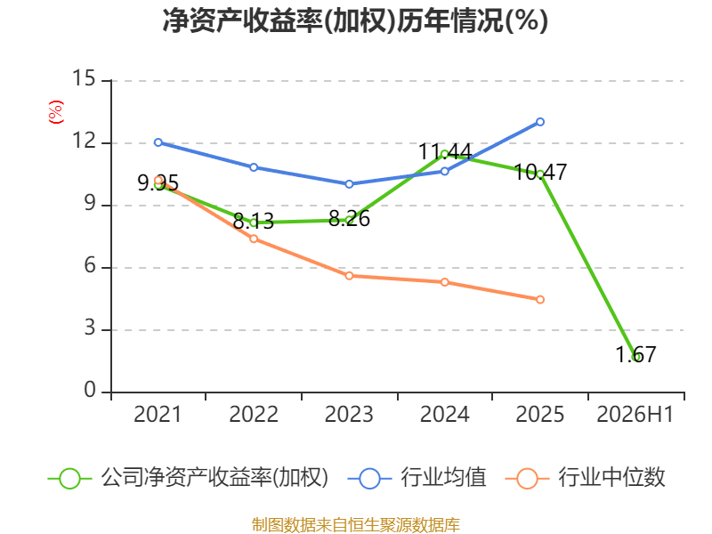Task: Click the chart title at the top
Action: [355, 20]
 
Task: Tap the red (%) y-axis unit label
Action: [56, 112]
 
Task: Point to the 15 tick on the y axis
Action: [84, 78]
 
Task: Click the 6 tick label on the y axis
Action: [90, 265]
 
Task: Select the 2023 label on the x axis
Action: [349, 414]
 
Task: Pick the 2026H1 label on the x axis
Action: [635, 414]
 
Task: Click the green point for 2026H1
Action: [635, 358]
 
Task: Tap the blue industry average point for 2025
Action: [540, 122]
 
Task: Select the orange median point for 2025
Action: [540, 300]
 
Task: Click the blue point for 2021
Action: [158, 142]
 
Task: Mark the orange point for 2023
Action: [349, 276]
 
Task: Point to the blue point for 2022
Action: [254, 167]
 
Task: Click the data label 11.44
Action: [445, 151]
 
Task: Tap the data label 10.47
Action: [540, 172]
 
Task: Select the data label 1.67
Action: [635, 354]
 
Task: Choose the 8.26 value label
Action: [349, 219]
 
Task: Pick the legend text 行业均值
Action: [443, 478]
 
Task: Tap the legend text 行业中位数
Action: [611, 478]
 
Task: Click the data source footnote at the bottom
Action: [356, 525]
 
